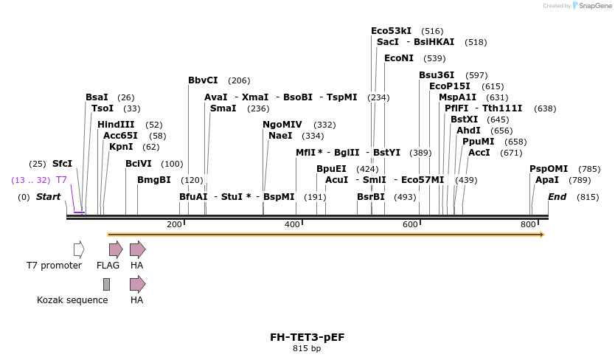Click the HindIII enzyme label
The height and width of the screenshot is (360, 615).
[x=116, y=125]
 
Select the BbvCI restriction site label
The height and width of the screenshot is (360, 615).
[x=203, y=80]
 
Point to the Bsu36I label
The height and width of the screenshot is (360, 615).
[x=437, y=75]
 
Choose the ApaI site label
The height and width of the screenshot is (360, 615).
[x=547, y=180]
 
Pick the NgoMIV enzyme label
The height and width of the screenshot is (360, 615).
[x=282, y=125]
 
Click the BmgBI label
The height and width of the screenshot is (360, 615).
[x=153, y=180]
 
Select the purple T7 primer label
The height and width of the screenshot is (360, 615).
[x=62, y=180]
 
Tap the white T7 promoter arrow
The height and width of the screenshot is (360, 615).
[x=79, y=249]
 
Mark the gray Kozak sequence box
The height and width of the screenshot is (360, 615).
[x=106, y=284]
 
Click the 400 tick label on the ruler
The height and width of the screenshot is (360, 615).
[x=292, y=224]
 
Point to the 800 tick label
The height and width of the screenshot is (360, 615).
[x=528, y=224]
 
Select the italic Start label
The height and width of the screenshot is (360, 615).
[x=48, y=197]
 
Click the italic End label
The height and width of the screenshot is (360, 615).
[x=557, y=197]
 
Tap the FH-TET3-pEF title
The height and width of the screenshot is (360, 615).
[x=307, y=337]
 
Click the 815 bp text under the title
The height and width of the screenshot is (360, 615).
[x=307, y=348]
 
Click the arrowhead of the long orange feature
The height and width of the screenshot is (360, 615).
[x=541, y=235]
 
